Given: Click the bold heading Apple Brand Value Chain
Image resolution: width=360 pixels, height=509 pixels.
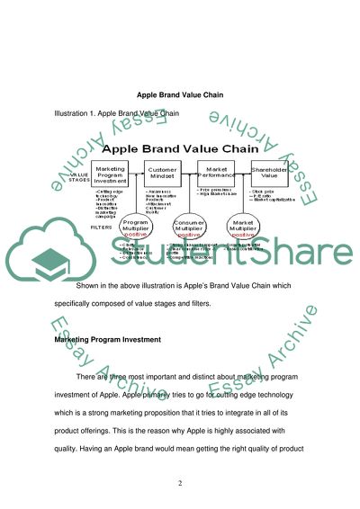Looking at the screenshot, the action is [180, 94].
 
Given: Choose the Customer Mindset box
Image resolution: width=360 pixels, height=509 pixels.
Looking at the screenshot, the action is [166, 174].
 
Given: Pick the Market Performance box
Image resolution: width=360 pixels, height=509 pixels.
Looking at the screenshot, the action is [220, 174].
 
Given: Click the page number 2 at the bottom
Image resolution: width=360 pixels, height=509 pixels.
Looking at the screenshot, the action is [179, 483].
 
